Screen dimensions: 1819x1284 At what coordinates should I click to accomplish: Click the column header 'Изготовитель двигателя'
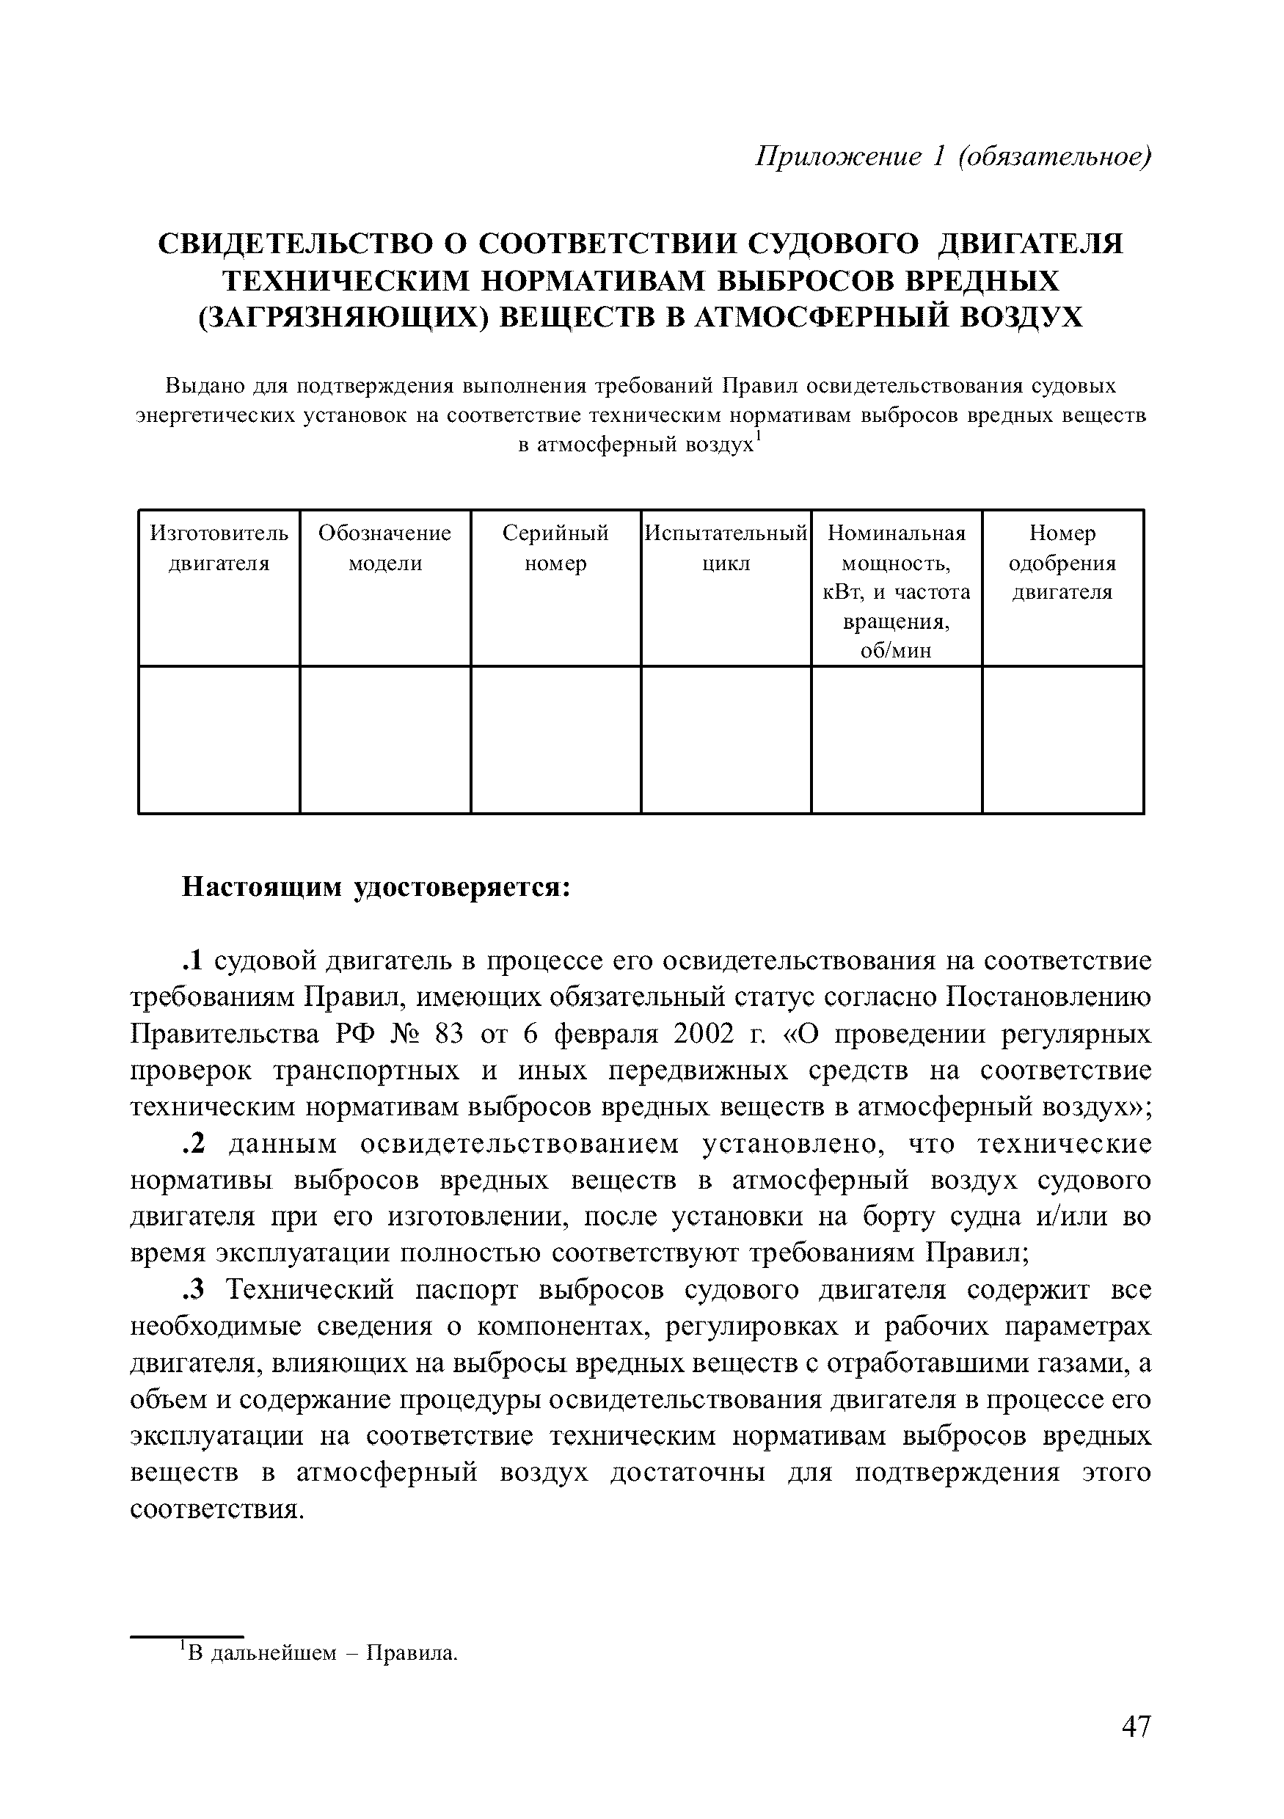pyautogui.click(x=219, y=548)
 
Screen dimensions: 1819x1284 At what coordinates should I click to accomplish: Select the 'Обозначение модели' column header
pyautogui.click(x=385, y=548)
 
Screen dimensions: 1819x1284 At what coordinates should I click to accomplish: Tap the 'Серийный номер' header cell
pyautogui.click(x=555, y=548)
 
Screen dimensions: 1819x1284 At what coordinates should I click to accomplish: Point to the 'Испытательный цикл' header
pyautogui.click(x=726, y=548)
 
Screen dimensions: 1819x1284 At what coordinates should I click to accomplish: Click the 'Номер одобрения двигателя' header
pyautogui.click(x=1062, y=563)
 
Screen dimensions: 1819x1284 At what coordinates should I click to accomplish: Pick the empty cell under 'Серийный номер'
pyautogui.click(x=555, y=739)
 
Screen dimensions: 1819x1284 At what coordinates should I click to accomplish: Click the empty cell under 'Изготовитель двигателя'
pyautogui.click(x=219, y=739)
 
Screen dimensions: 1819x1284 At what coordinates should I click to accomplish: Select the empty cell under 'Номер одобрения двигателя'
pyautogui.click(x=1062, y=739)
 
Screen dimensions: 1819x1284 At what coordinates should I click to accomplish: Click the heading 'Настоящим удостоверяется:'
pyautogui.click(x=376, y=886)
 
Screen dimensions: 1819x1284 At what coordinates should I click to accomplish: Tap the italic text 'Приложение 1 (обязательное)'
pyautogui.click(x=952, y=156)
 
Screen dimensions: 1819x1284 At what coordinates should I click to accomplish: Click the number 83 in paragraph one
pyautogui.click(x=451, y=1034)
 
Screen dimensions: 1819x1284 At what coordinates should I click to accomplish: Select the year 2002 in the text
pyautogui.click(x=702, y=1034)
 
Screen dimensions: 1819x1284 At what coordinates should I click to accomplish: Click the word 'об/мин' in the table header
pyautogui.click(x=896, y=652)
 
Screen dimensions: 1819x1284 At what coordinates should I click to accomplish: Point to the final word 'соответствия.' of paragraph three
pyautogui.click(x=216, y=1509)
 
